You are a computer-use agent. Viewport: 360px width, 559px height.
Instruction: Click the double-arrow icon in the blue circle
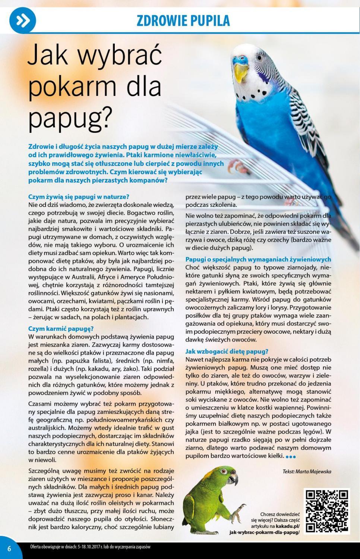point(22,21)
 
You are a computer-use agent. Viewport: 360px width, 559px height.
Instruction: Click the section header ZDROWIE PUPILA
point(183,21)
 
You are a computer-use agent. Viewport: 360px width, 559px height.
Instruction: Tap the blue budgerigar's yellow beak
point(240,70)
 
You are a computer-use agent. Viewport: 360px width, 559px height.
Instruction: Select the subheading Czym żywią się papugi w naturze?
point(79,197)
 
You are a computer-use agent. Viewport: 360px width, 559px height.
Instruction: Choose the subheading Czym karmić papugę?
point(61,329)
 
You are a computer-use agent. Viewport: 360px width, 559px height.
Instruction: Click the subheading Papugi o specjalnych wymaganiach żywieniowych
point(258,259)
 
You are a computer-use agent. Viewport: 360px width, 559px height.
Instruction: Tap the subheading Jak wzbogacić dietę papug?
point(227,351)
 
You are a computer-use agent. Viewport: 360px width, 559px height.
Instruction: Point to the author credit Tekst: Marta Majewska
point(306,471)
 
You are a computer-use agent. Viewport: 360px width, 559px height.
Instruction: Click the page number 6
point(9,549)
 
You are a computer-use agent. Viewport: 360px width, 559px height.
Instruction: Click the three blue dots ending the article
point(290,456)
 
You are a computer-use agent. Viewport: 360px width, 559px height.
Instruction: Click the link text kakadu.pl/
point(287,526)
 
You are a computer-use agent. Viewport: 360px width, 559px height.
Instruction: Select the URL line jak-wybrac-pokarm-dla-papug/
point(264,532)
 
